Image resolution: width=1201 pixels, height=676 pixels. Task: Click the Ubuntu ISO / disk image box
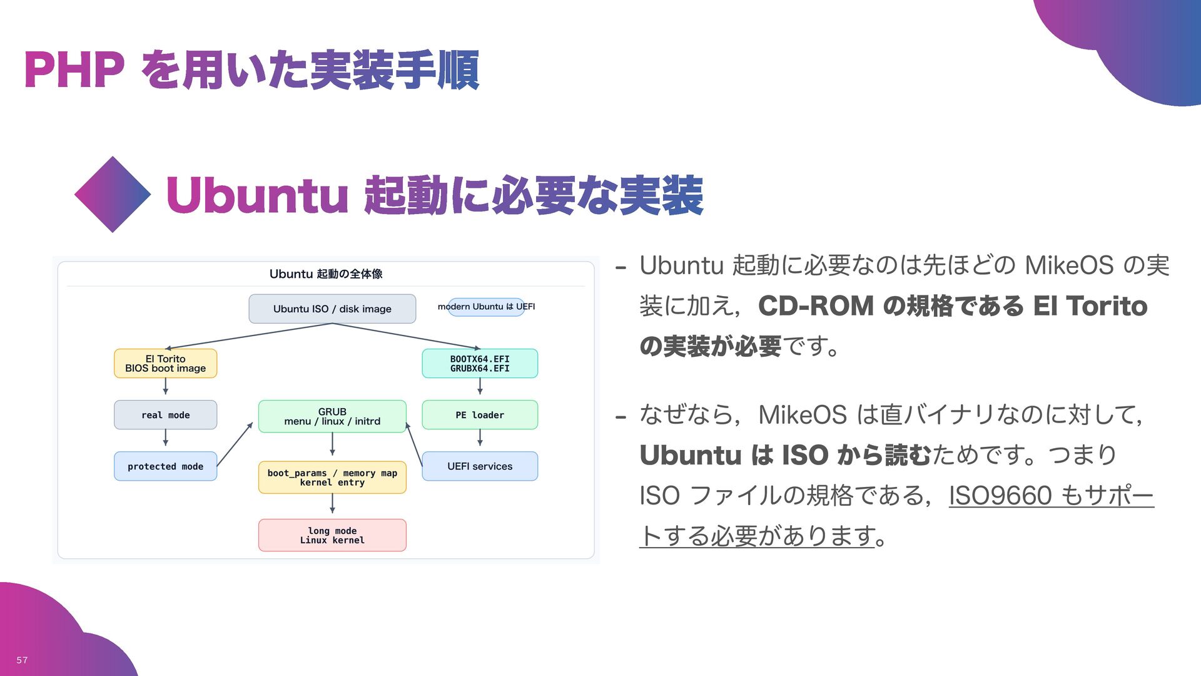coord(332,309)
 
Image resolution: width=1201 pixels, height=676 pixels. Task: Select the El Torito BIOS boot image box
coord(165,364)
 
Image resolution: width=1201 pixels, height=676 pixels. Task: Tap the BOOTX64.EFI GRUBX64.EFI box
coord(480,364)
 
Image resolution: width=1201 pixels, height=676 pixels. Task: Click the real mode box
coord(165,415)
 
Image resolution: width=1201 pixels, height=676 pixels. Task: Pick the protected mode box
coord(165,466)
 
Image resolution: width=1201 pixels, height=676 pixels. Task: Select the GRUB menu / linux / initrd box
coord(332,416)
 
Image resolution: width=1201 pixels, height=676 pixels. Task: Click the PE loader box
coord(480,415)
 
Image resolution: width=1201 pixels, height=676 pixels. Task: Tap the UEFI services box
coord(480,466)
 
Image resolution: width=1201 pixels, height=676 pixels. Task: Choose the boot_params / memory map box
coord(332,478)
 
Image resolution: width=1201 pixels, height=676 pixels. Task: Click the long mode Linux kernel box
coord(332,535)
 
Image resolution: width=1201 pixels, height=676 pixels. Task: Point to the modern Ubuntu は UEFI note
coord(486,307)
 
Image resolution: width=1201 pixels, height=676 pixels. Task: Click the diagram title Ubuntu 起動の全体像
coord(326,274)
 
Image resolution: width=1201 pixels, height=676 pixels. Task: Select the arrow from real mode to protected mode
coord(166,438)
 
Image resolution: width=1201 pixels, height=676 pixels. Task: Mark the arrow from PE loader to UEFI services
coord(480,438)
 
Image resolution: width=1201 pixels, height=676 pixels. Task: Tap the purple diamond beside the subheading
coord(113,195)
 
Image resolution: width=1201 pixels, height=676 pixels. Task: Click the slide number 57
coord(22,660)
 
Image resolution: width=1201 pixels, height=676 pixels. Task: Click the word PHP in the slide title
coord(74,70)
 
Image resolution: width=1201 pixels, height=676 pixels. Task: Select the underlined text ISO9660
coord(1000,496)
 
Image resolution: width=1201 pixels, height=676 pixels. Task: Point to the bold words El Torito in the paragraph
coord(1090,306)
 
